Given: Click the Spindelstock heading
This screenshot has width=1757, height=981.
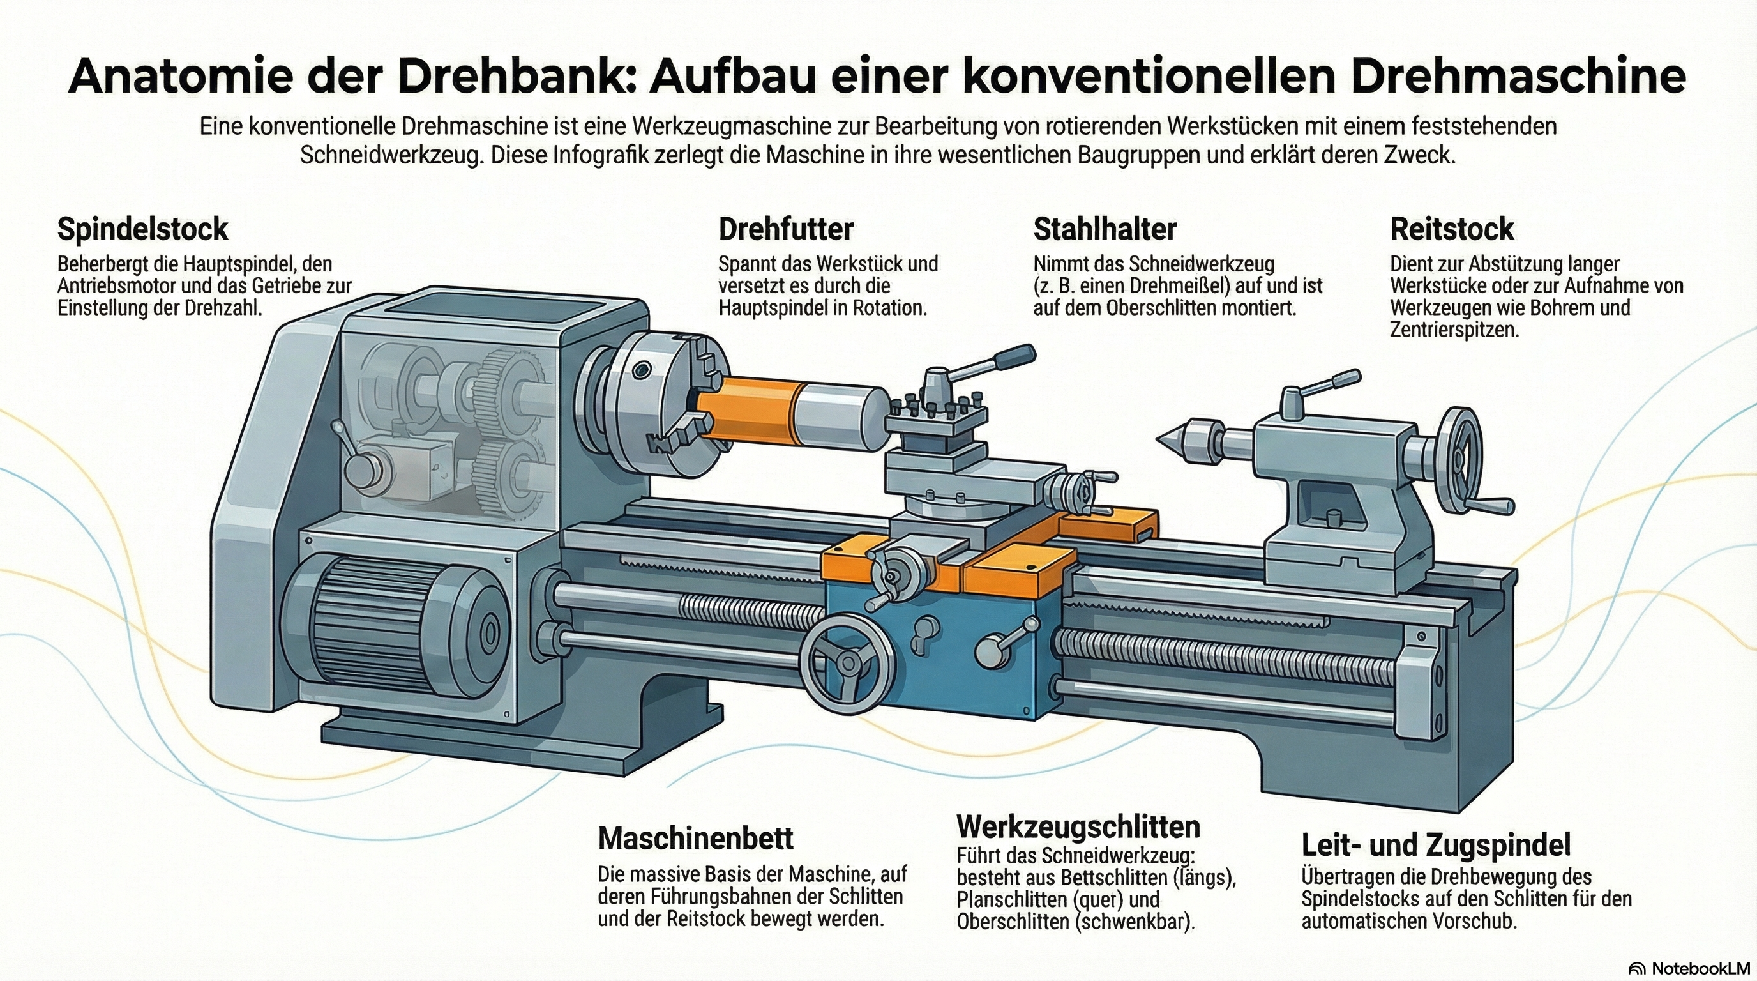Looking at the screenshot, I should click(x=142, y=229).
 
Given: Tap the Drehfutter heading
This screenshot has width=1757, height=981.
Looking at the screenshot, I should click(x=786, y=229).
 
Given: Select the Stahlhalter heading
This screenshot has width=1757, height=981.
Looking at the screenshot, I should click(x=1105, y=229).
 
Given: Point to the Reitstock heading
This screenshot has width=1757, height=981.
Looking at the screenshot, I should click(x=1451, y=229).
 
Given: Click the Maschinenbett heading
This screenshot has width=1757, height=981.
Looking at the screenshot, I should click(x=696, y=839).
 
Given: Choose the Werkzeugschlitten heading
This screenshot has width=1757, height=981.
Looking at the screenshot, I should click(x=1078, y=827).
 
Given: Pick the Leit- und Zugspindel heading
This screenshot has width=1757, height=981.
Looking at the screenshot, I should click(x=1436, y=845).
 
